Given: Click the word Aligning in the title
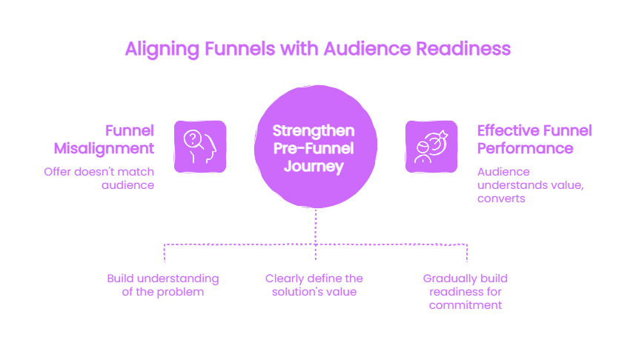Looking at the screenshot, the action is point(162,50).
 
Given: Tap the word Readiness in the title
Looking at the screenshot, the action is point(463,49).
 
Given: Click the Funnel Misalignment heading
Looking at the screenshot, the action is point(104,139).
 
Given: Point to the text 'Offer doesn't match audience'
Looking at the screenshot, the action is point(99,179).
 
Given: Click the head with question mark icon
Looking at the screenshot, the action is point(200,147).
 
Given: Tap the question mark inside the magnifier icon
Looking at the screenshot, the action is point(193,139).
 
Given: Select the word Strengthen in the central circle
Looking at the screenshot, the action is point(314,131).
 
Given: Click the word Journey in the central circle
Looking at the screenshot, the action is point(314,166).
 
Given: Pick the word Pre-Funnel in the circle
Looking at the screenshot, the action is point(314,148).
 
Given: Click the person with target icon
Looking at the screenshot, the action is point(431,147).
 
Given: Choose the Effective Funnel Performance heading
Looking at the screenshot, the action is point(534,139).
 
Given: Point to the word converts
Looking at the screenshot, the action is point(501,199).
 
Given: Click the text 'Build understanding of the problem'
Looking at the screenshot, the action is point(163,285).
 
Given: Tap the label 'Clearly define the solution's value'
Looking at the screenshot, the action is point(314,285).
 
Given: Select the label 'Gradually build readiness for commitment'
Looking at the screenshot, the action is point(466,292).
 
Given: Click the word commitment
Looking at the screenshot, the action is point(466,305).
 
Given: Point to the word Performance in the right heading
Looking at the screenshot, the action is point(526,148).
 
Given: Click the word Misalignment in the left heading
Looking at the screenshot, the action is point(104,149).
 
